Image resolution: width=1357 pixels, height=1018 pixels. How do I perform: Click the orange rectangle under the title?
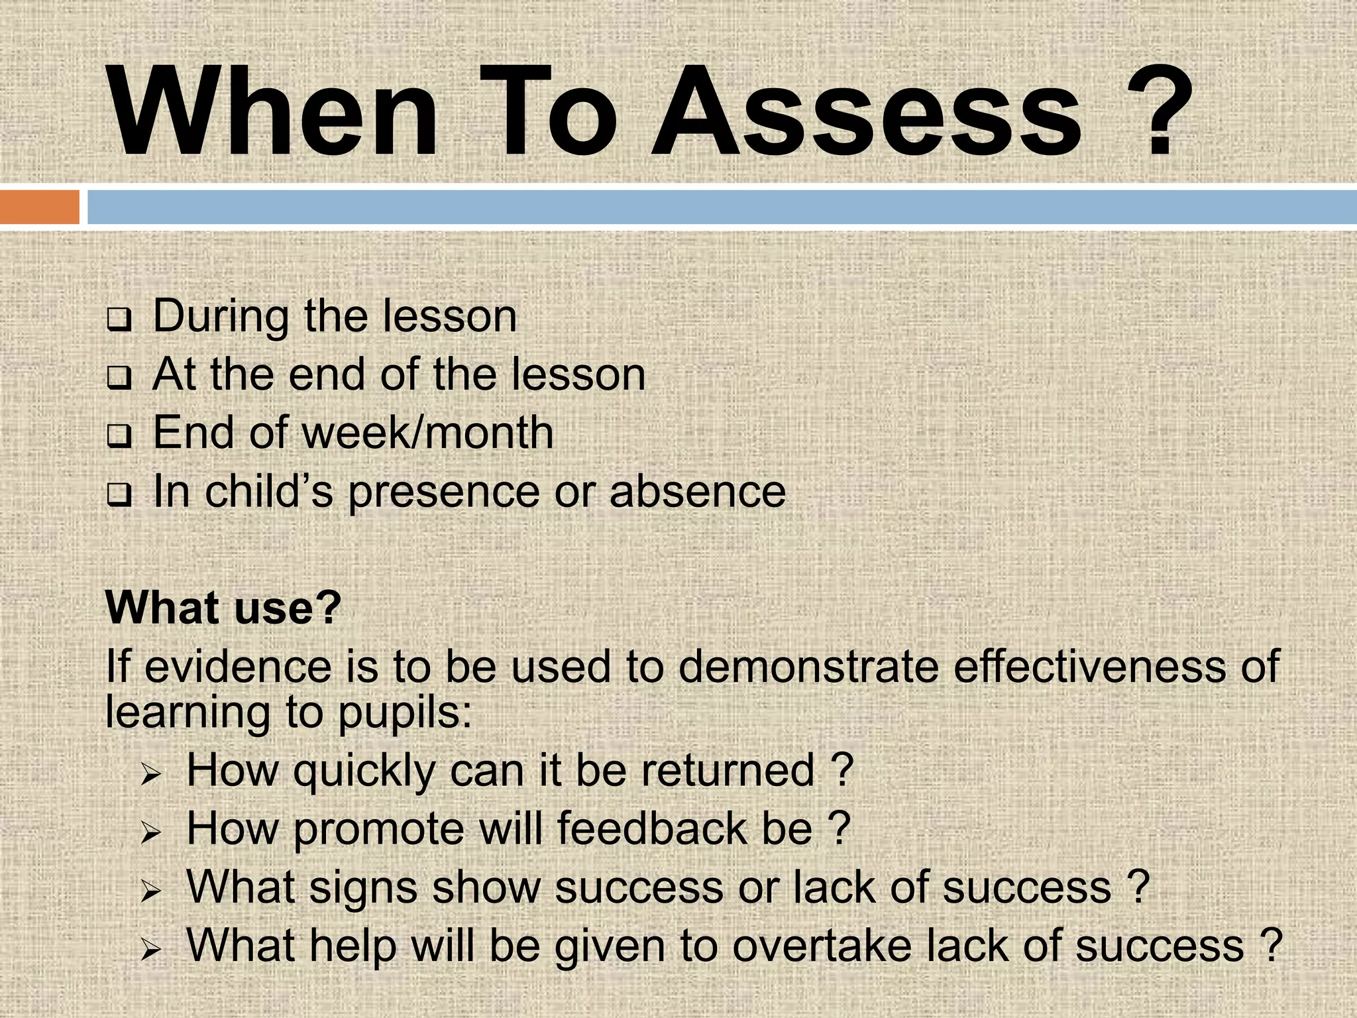coord(39,207)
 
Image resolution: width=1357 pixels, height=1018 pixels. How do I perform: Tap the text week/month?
coord(427,433)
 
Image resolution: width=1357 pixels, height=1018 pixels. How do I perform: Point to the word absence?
coord(697,492)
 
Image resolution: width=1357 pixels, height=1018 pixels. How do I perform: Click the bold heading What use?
coord(223,608)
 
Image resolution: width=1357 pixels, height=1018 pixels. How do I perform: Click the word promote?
coord(379,829)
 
